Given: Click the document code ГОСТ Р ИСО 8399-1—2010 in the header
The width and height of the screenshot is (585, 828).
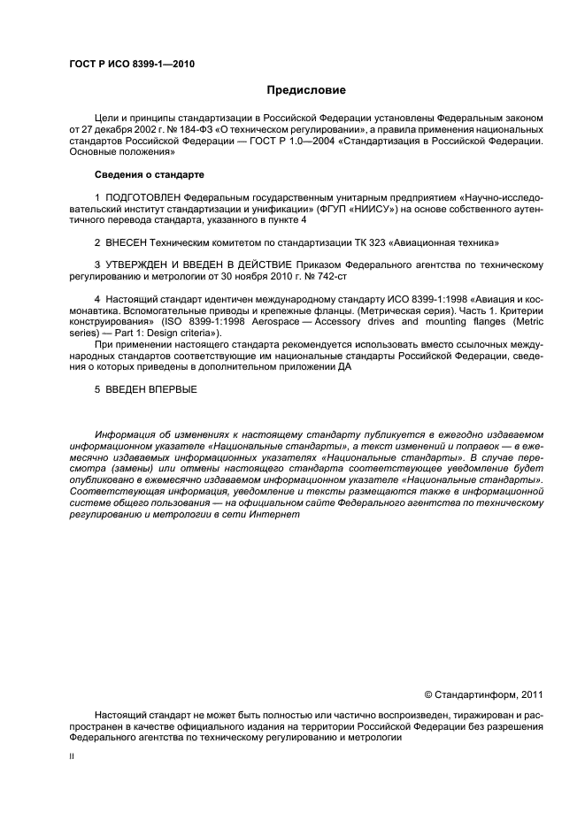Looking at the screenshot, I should [x=132, y=65].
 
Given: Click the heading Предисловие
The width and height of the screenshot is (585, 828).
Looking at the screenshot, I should [x=307, y=90].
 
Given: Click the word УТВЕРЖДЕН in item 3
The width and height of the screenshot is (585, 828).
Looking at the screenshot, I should [x=138, y=265].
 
